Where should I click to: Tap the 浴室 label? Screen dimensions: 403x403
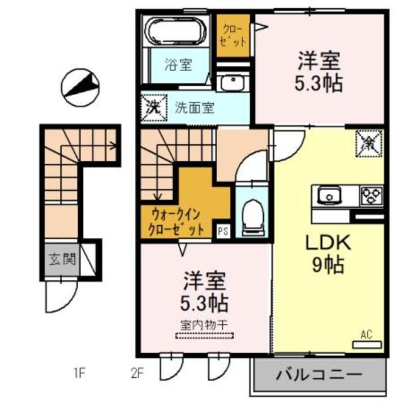[178, 64]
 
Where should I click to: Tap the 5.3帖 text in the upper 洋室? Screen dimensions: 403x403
[319, 84]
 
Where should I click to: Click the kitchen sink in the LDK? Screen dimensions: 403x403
[329, 196]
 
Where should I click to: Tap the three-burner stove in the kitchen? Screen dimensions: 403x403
[369, 196]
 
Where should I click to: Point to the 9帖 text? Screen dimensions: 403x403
[326, 266]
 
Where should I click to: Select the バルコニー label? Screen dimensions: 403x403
[319, 376]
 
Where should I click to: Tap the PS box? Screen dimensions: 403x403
[223, 231]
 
